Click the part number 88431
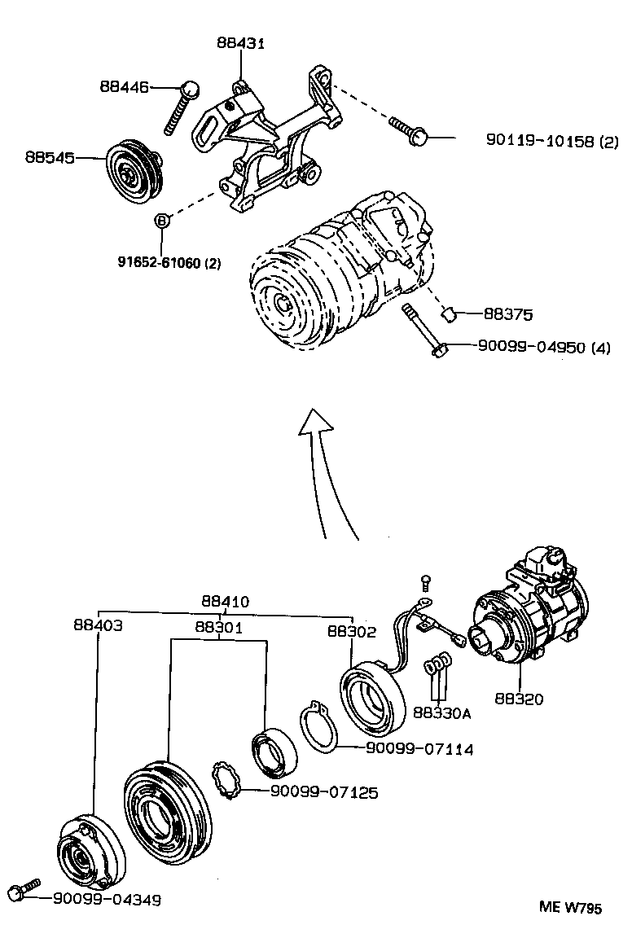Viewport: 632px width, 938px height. [241, 42]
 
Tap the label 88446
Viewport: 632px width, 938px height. [125, 85]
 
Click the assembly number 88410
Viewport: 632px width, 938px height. [226, 602]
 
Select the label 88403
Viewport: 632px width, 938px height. [98, 625]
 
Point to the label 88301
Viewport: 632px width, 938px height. [218, 627]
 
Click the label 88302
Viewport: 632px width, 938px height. [352, 631]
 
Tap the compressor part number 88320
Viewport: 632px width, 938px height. [520, 698]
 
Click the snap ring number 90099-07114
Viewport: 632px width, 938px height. [419, 748]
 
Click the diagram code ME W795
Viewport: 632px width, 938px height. [570, 908]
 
